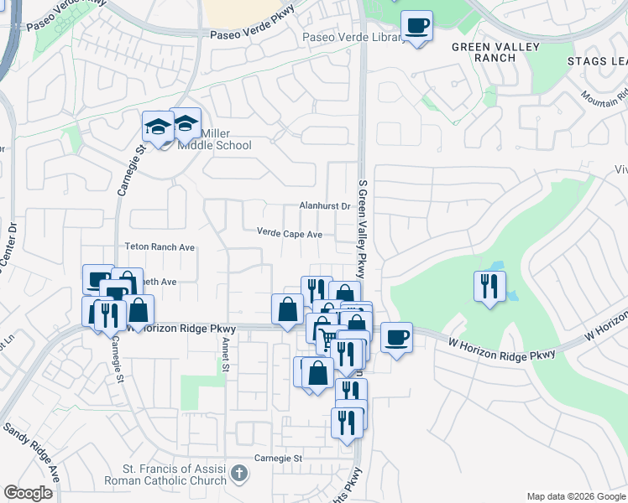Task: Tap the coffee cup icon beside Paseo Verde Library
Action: tap(416, 27)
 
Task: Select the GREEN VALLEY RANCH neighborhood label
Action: tap(495, 52)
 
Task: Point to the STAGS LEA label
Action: tap(597, 61)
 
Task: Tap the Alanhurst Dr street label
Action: tap(324, 205)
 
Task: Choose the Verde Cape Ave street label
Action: tap(290, 235)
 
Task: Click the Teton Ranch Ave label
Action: tap(160, 247)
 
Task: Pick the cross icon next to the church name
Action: tap(239, 474)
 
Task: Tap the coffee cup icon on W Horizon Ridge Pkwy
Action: tap(396, 339)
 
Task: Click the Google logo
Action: tap(29, 493)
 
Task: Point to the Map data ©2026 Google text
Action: tap(575, 496)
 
